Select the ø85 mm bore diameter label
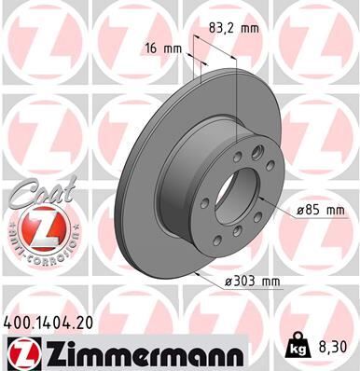point(320,211)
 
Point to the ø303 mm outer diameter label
point(252,281)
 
